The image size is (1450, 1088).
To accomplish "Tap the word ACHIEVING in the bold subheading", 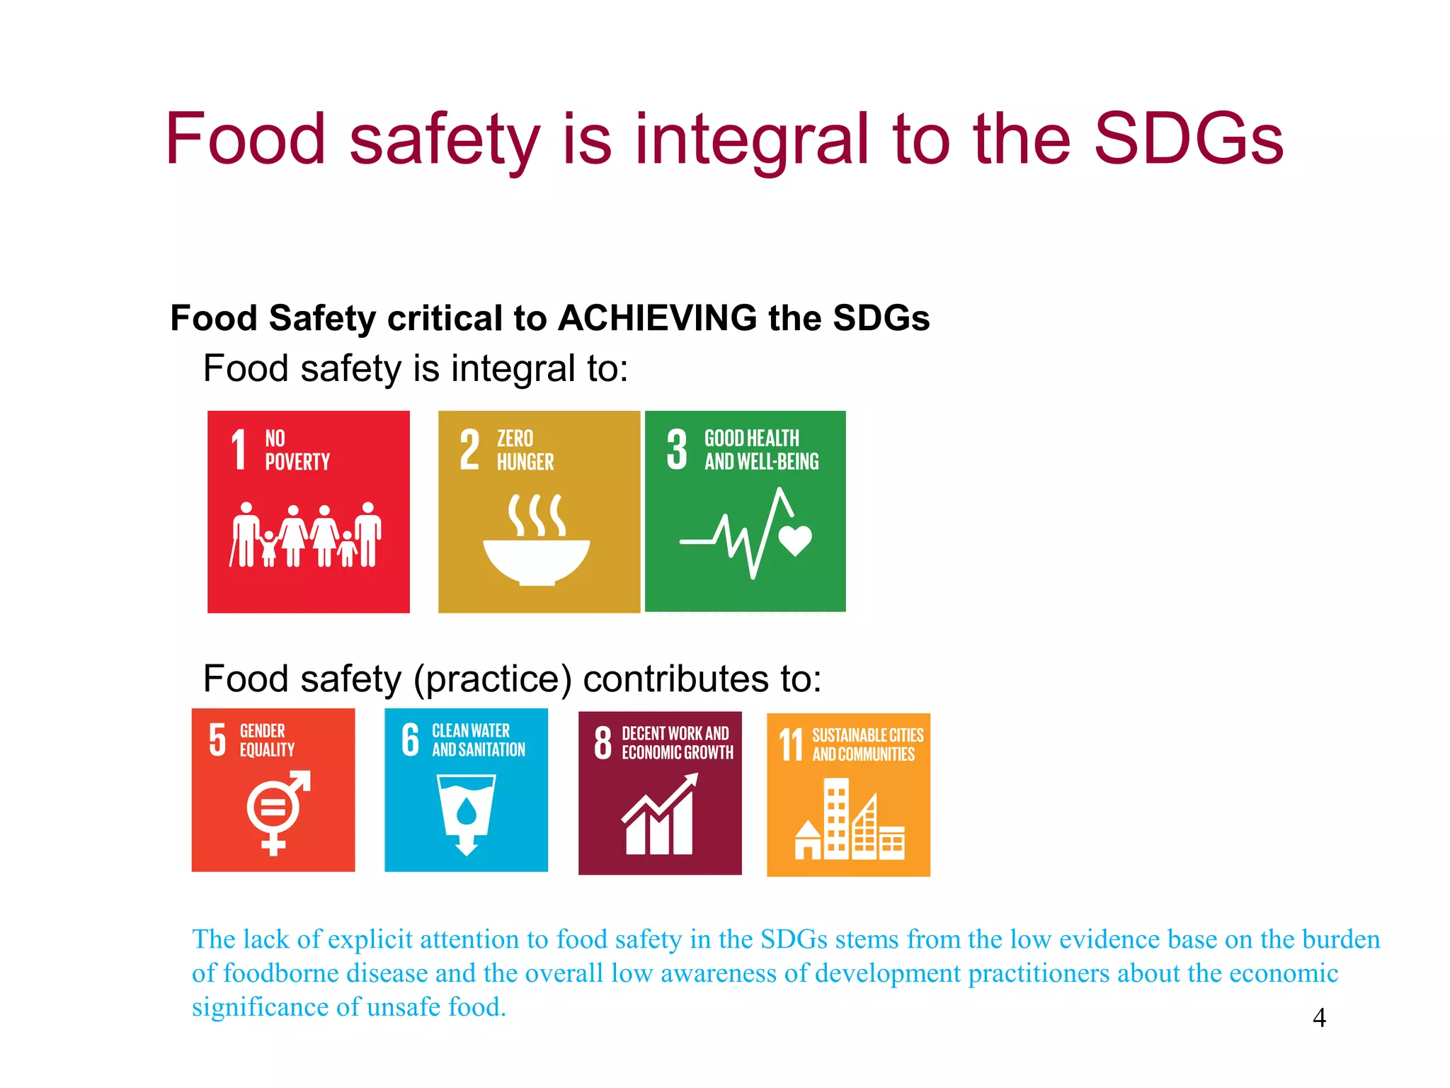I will pos(658,318).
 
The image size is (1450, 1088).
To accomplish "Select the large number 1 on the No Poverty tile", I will pos(239,450).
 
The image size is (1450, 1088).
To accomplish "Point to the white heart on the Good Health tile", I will pos(795,540).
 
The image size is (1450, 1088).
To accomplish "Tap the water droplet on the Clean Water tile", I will pos(467,812).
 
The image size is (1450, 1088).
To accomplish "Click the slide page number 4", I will pos(1319,1018).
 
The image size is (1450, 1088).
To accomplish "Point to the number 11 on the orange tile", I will pos(791,744).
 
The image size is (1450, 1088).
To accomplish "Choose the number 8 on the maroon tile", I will pos(603,742).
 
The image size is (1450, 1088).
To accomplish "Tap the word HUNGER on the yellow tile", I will pos(525,463).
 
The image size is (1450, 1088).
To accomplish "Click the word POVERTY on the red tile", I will pos(297,463).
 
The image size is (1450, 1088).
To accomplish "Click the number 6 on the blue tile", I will pos(411,740).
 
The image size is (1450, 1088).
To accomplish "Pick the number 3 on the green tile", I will pos(677,450).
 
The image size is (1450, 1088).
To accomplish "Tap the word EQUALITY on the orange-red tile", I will pos(267,750).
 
